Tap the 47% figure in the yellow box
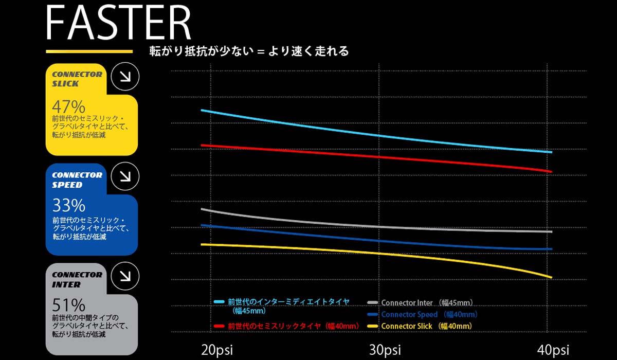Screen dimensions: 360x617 (68, 107)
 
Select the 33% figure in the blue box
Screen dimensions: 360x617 (68, 206)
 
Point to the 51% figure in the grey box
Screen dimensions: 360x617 (68, 305)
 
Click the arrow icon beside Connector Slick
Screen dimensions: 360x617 (125, 77)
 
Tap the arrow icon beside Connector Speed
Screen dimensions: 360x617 (125, 176)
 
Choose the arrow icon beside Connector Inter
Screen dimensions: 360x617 (125, 276)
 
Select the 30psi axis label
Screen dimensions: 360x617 (385, 350)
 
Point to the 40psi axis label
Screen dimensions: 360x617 (552, 350)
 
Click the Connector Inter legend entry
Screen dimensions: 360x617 (427, 303)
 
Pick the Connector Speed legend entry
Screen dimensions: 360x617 (429, 314)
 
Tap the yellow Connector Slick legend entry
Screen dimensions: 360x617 (426, 326)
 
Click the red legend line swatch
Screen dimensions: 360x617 (219, 326)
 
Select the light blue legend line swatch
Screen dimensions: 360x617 (219, 302)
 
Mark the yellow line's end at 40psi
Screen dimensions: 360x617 (551, 278)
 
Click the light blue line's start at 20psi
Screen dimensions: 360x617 (202, 111)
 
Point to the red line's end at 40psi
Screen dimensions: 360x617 (551, 171)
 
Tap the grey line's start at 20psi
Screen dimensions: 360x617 (202, 209)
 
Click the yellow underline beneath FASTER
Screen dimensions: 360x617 (89, 51)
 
